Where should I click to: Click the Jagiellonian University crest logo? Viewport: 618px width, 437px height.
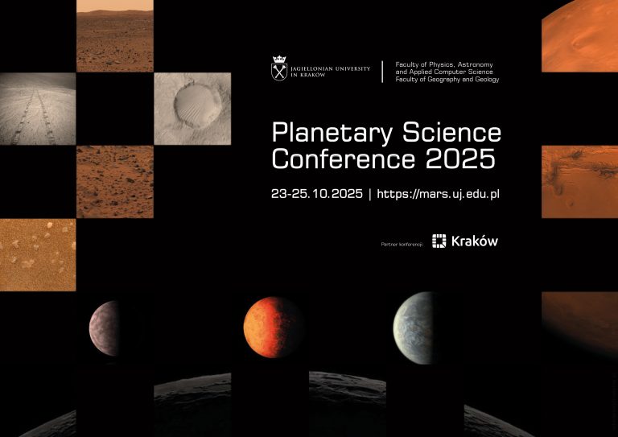pos(279,70)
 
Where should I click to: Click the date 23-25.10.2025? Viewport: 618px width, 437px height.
pos(316,195)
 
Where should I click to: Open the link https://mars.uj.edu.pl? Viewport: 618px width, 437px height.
pos(439,195)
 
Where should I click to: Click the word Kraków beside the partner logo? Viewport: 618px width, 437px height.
pos(475,241)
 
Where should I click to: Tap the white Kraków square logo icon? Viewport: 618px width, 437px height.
pos(439,241)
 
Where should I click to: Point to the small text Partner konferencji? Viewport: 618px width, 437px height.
pos(402,242)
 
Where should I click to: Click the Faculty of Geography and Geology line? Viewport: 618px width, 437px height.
pos(447,80)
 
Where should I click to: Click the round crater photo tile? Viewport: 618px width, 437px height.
pos(191,108)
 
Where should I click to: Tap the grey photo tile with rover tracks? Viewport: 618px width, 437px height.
pos(38,108)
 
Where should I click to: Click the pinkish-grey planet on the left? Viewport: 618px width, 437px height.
pos(105,328)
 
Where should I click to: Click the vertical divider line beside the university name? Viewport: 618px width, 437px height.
pos(382,71)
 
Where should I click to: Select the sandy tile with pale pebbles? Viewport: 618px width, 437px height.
pos(38,254)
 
